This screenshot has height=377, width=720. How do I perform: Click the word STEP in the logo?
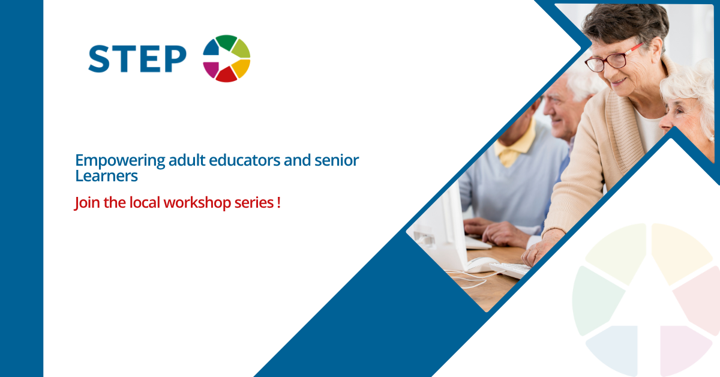(x=137, y=59)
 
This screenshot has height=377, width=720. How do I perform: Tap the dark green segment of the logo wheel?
(x=226, y=42)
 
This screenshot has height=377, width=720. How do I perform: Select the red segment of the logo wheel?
(x=227, y=75)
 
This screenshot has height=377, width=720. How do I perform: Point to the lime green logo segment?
(x=241, y=49)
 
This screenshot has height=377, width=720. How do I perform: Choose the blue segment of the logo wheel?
(x=211, y=48)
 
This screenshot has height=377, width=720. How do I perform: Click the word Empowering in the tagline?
(x=120, y=160)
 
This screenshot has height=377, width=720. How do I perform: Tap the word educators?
(x=245, y=160)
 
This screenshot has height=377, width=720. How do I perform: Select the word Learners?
(x=106, y=176)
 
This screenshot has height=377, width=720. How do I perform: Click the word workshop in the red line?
(x=197, y=203)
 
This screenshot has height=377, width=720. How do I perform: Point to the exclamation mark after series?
(x=278, y=203)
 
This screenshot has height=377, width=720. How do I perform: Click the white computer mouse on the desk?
(x=481, y=265)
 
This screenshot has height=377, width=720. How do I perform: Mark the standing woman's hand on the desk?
(x=541, y=248)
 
